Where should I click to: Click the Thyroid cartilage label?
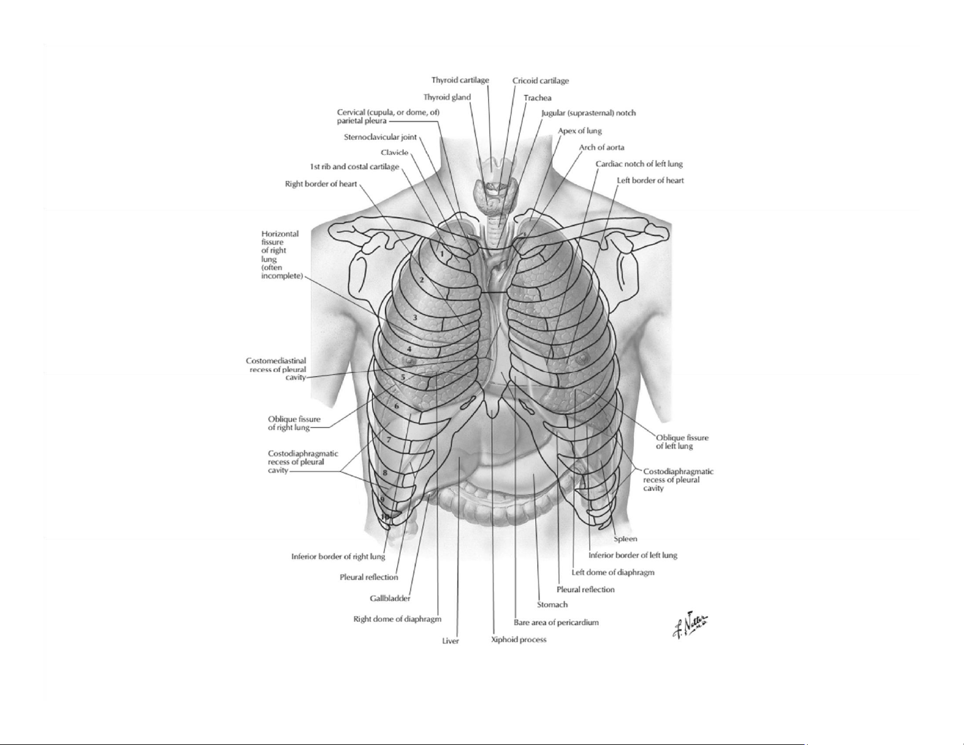(x=460, y=80)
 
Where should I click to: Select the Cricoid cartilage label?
(x=540, y=81)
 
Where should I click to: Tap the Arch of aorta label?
(x=602, y=147)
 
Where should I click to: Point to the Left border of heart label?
(x=650, y=181)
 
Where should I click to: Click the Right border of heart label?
(x=321, y=184)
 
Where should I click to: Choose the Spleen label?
(x=625, y=539)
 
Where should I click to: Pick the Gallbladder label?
(x=390, y=598)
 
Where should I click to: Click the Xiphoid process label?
(x=519, y=640)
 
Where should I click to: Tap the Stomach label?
(x=552, y=605)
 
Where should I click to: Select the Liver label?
(x=450, y=641)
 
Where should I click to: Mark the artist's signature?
(x=690, y=625)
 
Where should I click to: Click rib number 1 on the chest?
(x=442, y=255)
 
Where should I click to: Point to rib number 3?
(x=415, y=318)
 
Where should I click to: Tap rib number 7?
(x=388, y=440)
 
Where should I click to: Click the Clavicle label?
(x=394, y=153)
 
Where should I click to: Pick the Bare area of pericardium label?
(x=557, y=623)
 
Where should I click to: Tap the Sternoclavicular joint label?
(x=380, y=137)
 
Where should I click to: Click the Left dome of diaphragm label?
(x=612, y=572)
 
